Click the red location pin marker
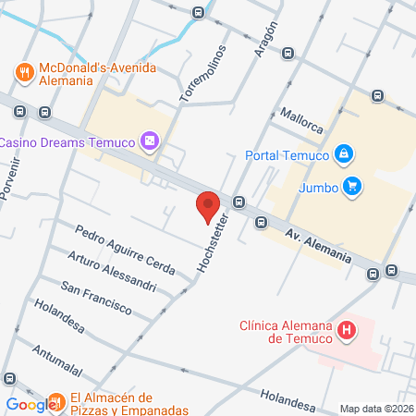(207, 206)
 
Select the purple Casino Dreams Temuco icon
(150, 141)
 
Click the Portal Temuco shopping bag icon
(343, 153)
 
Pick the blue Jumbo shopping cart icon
(351, 187)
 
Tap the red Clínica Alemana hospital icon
(346, 330)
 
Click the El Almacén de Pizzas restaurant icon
(56, 402)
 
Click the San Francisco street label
(96, 299)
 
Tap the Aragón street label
(263, 26)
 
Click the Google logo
(31, 404)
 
